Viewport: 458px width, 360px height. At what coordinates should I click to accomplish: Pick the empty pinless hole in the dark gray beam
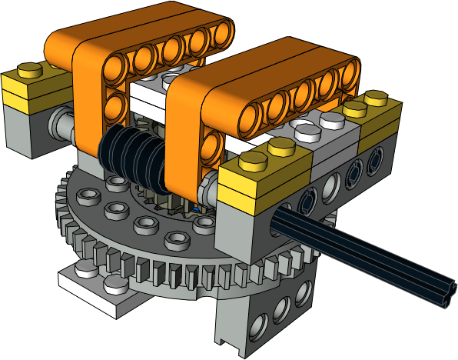pos(331,184)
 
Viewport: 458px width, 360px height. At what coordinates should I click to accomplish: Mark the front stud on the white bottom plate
pos(115,286)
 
